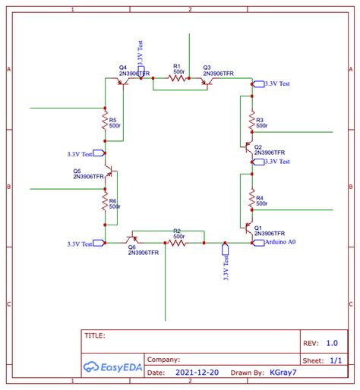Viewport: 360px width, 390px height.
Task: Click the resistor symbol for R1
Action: pyautogui.click(x=178, y=77)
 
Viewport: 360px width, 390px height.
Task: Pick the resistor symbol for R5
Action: pyautogui.click(x=105, y=119)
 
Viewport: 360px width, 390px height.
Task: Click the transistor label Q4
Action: pyautogui.click(x=122, y=68)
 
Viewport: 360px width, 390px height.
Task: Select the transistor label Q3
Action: pyautogui.click(x=207, y=68)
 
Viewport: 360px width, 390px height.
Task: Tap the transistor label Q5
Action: pyautogui.click(x=77, y=171)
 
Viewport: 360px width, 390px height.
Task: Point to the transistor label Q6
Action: pyautogui.click(x=131, y=247)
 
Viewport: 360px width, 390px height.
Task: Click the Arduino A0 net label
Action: pyautogui.click(x=280, y=242)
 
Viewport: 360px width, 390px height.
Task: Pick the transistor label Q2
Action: pyautogui.click(x=258, y=147)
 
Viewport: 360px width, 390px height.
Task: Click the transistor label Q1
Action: pyautogui.click(x=258, y=228)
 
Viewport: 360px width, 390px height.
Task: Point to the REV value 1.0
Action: pyautogui.click(x=332, y=343)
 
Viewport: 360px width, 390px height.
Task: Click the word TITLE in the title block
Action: pyautogui.click(x=95, y=335)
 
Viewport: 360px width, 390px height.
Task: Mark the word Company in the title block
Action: pyautogui.click(x=163, y=360)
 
